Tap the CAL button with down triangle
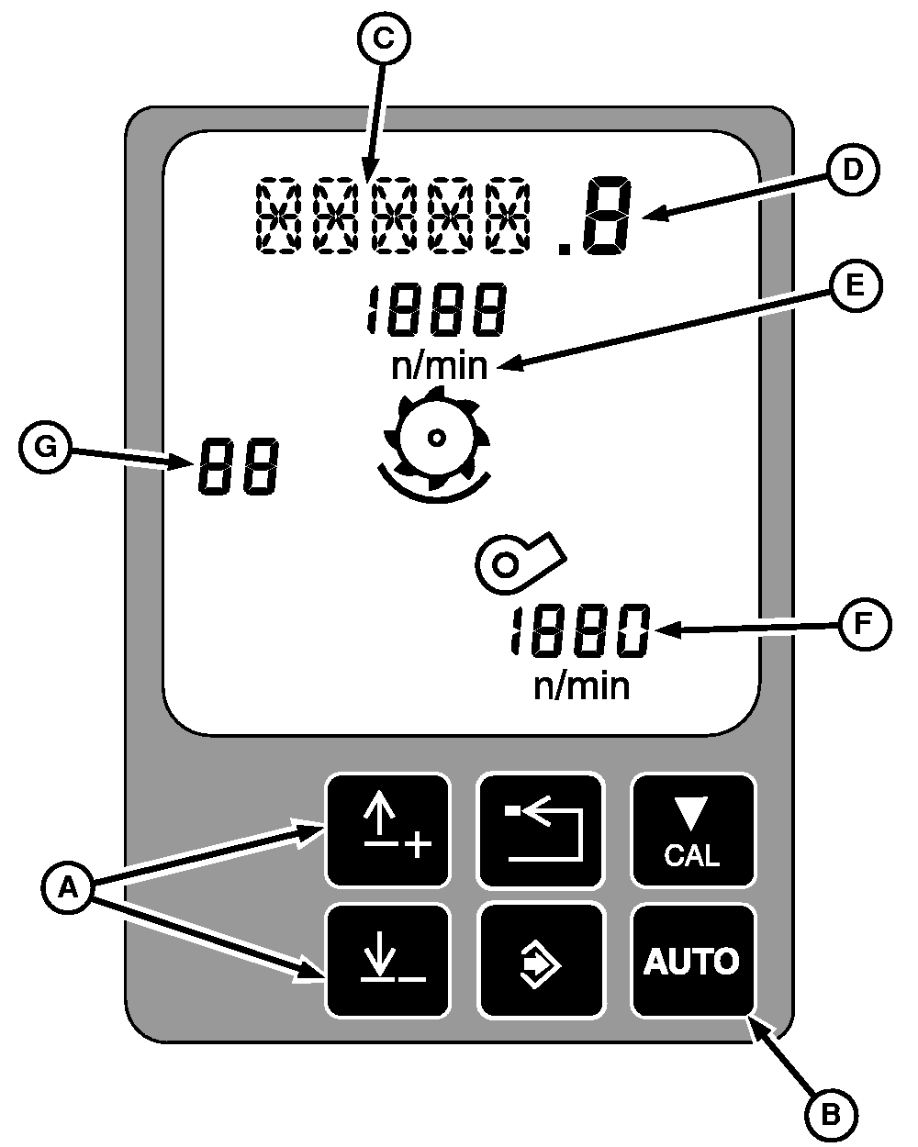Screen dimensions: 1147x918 point(692,830)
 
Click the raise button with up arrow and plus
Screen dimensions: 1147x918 point(388,830)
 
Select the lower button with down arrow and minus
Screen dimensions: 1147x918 point(388,961)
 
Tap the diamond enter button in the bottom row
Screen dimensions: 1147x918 point(542,961)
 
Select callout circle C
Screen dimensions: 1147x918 point(385,38)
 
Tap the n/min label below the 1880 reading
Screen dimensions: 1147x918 point(580,685)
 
